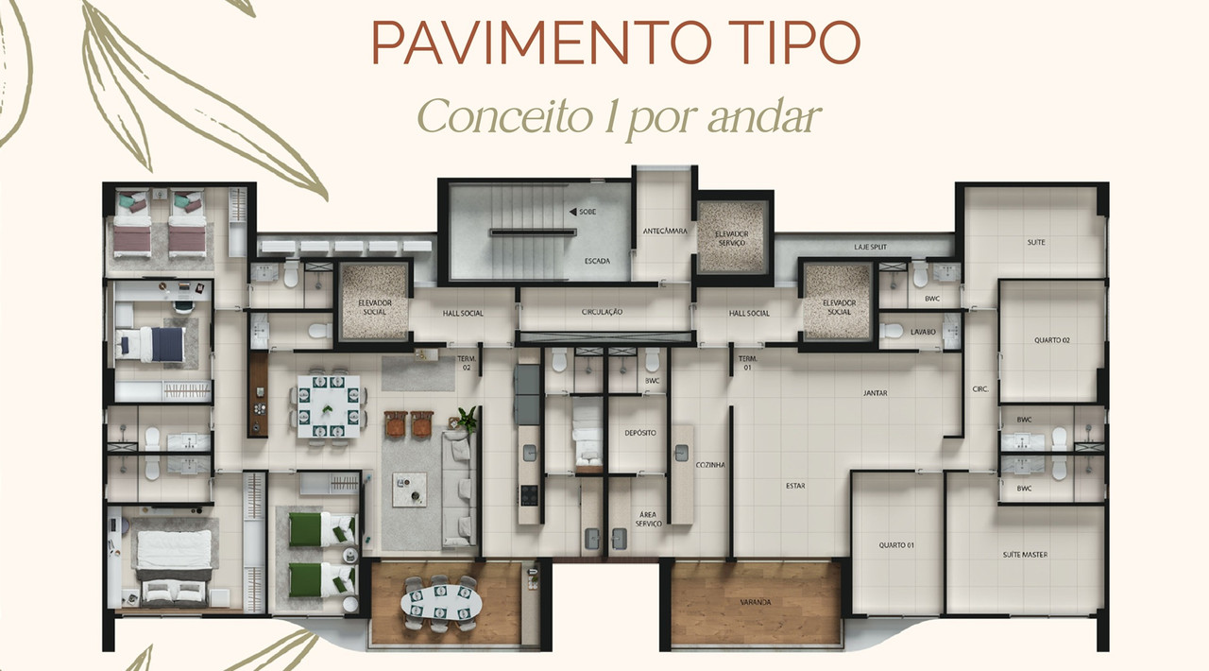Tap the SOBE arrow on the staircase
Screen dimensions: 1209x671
pos(572,212)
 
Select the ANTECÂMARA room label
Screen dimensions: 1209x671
pos(665,231)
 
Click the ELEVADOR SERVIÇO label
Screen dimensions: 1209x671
pos(731,238)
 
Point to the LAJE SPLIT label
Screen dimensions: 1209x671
pos(871,247)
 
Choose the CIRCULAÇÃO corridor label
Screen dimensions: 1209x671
pos(603,312)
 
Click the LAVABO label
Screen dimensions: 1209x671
pos(923,332)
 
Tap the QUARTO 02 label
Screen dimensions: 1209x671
pos(1052,340)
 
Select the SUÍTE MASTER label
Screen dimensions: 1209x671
pos(1025,555)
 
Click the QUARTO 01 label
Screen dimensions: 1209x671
pos(896,545)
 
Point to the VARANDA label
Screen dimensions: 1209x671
pos(756,602)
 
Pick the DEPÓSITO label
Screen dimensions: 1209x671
pos(640,433)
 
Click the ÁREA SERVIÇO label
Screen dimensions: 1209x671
pos(648,519)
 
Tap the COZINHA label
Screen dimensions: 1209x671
pos(710,465)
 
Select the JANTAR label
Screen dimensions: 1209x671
pos(875,393)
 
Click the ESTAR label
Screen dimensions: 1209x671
pos(795,486)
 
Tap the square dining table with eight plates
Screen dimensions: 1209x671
pos(329,406)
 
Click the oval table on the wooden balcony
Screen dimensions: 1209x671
pos(441,602)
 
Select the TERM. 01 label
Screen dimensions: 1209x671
pos(747,363)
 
